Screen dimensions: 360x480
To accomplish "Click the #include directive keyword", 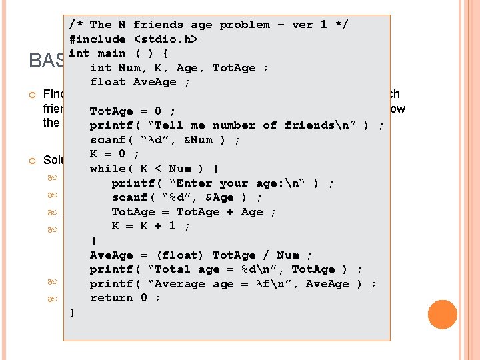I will click(x=97, y=39).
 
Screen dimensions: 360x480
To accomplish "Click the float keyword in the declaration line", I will click(x=107, y=82).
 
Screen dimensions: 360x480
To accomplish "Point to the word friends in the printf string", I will click(x=309, y=125).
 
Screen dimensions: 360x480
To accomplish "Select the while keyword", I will click(x=107, y=169).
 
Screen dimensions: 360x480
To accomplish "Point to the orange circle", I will click(x=442, y=315).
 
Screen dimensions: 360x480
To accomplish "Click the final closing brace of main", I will click(x=72, y=313).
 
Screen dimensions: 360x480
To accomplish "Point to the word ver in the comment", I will click(x=302, y=25).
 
